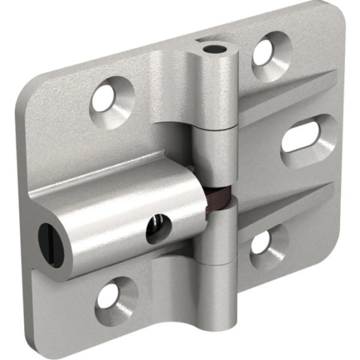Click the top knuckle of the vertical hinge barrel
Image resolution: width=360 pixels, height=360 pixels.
pos(214,89)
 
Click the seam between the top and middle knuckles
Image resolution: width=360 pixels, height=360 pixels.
pos(214,129)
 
